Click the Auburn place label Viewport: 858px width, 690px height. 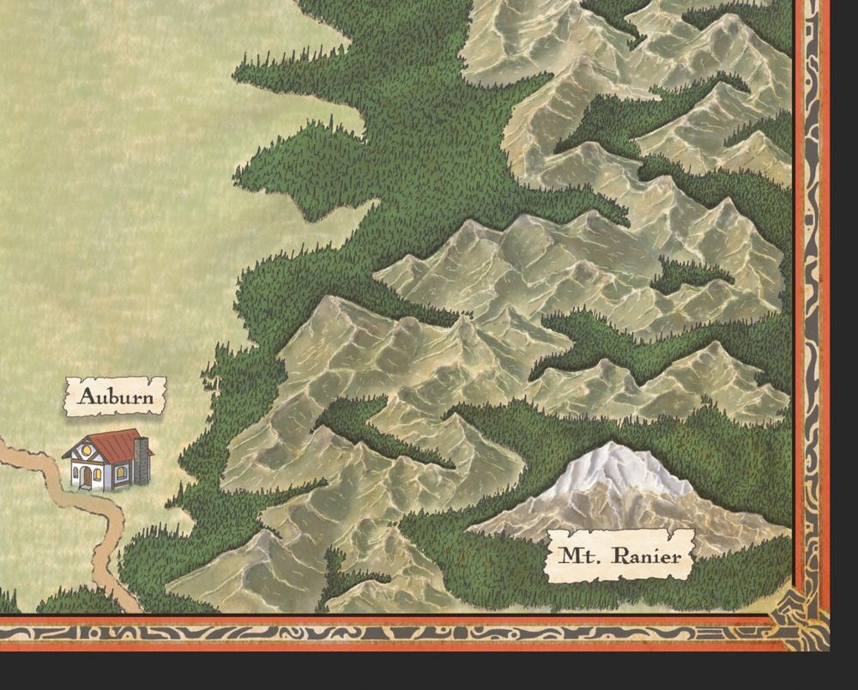pos(115,398)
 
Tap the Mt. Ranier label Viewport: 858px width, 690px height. pos(620,556)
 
